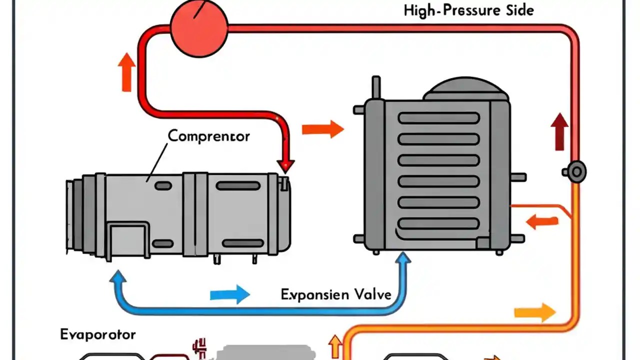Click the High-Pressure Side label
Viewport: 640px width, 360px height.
click(x=468, y=10)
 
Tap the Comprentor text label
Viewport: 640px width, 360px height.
click(x=208, y=135)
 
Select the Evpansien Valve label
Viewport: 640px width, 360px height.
click(x=335, y=294)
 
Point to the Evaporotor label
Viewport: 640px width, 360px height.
click(x=97, y=334)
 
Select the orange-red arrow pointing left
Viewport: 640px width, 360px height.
click(x=542, y=221)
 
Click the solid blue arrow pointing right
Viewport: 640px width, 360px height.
click(x=229, y=294)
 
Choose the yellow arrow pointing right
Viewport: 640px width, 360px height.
click(x=534, y=313)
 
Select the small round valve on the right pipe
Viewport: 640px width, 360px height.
click(x=576, y=171)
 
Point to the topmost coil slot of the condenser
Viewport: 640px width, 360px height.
click(x=439, y=119)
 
